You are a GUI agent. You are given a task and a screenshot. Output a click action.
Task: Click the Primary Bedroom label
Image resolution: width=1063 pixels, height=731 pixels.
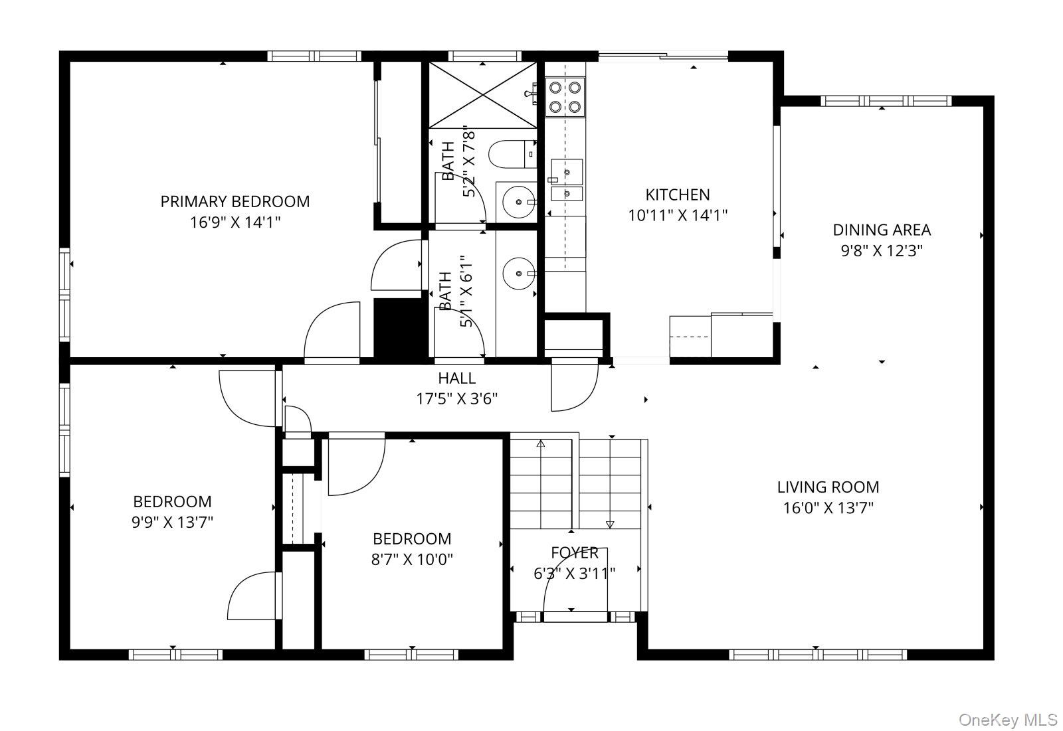[235, 202]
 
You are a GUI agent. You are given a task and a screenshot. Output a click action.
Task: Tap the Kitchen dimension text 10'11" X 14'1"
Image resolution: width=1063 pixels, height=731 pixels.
[678, 216]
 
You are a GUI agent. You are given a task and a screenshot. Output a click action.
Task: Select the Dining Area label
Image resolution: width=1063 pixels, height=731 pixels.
[882, 230]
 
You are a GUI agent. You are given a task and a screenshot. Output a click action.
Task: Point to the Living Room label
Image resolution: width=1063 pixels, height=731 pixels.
[828, 487]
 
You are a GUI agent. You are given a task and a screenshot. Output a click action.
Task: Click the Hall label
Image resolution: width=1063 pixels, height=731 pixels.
[456, 378]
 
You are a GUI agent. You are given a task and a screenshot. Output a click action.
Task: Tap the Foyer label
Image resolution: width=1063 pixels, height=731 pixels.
[575, 552]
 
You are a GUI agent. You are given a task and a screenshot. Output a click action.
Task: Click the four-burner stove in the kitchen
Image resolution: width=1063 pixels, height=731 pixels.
[565, 97]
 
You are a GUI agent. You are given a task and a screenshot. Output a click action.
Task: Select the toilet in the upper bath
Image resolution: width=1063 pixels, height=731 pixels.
[512, 153]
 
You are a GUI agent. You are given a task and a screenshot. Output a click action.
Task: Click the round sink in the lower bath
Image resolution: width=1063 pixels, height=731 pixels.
[519, 274]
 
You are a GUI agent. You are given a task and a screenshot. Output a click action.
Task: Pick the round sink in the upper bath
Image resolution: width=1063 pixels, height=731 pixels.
[519, 202]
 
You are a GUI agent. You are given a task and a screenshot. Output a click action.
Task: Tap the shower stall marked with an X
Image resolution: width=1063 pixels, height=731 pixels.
[482, 95]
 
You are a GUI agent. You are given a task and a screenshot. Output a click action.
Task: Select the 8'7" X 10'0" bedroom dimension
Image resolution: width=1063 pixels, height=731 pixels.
[412, 560]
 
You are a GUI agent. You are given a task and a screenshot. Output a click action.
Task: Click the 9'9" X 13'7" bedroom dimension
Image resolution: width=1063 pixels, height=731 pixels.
[172, 523]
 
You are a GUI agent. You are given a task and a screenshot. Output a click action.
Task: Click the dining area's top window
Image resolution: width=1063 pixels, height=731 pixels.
[886, 101]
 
